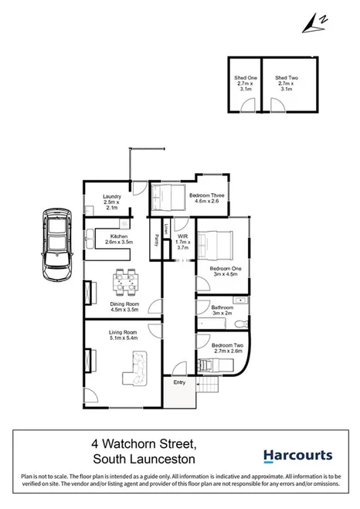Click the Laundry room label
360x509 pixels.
[x=112, y=202]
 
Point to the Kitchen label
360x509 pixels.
[x=118, y=239]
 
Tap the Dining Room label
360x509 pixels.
[x=124, y=309]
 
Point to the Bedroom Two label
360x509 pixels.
[x=227, y=348]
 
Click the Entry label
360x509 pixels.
[x=180, y=382]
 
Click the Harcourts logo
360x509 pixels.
[x=297, y=456]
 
